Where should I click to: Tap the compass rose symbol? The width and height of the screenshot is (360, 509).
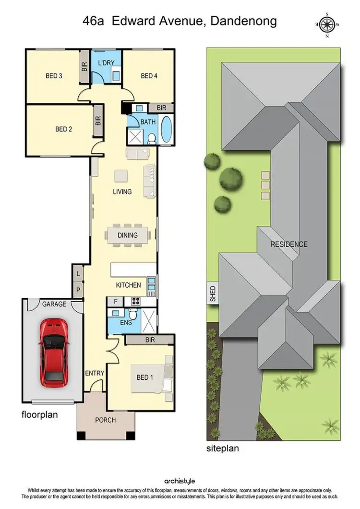[329, 24]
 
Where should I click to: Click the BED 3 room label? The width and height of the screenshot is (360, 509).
[54, 76]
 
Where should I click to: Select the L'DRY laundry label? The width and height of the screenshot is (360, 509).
[106, 63]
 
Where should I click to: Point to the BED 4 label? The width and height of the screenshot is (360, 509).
[149, 76]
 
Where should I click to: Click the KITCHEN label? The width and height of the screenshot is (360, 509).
[129, 285]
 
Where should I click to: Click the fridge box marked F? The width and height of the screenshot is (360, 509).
[115, 302]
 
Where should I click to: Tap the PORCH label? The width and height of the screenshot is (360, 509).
[106, 420]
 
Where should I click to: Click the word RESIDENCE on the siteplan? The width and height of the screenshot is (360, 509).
[288, 244]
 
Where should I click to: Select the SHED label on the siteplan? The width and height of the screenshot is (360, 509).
[213, 294]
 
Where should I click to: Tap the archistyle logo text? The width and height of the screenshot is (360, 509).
[180, 481]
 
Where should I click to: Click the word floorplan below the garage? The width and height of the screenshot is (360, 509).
[40, 414]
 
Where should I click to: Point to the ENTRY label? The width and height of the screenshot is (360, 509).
[95, 373]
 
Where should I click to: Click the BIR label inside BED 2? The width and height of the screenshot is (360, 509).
[98, 121]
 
